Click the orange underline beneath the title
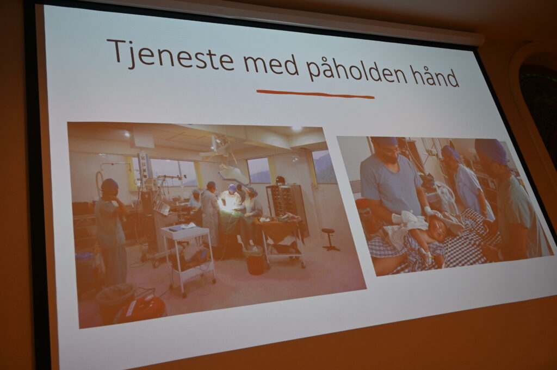pos(315,94)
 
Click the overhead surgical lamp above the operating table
pos(232,173)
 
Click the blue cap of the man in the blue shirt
pos(383,142)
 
